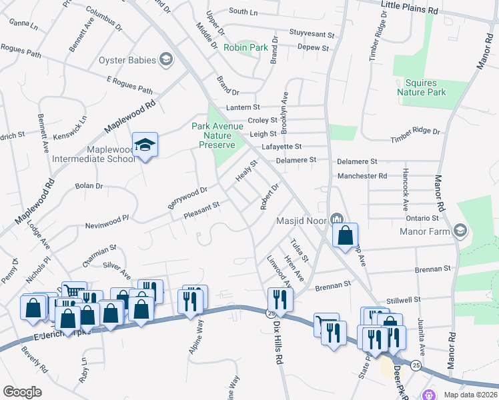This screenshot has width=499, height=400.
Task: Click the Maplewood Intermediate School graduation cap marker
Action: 144,145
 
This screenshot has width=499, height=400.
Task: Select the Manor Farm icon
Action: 459,231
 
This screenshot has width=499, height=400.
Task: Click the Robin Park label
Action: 245,47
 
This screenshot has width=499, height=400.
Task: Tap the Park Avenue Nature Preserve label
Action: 213,135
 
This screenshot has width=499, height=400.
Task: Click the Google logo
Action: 22,391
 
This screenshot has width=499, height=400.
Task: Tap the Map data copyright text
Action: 470,395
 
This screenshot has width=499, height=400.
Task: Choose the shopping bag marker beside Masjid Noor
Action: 345,235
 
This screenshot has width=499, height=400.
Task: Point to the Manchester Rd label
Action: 362,176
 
